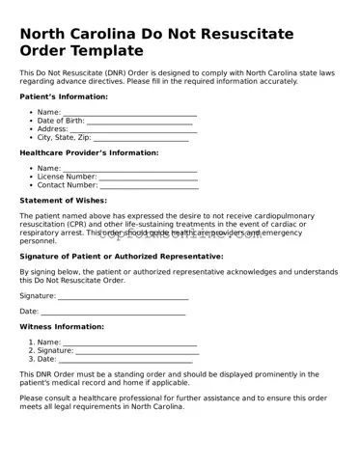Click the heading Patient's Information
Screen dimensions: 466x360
coord(64,96)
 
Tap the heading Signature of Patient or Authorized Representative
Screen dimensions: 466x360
coord(122,257)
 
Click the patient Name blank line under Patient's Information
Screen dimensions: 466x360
coord(129,113)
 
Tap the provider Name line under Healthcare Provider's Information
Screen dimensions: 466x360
coord(129,170)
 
